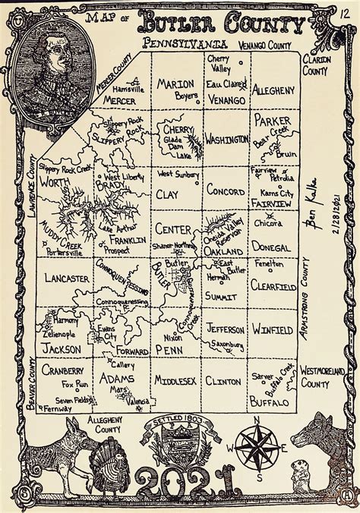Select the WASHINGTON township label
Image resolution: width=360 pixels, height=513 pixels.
pyautogui.click(x=226, y=140)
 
